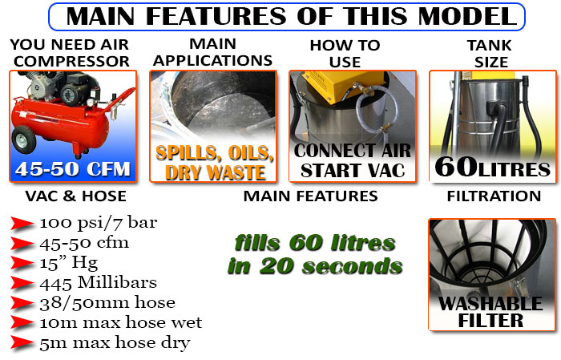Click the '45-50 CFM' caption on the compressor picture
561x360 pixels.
(x=73, y=169)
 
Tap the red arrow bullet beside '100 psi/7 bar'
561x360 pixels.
(x=22, y=224)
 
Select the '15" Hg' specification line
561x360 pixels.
(x=69, y=263)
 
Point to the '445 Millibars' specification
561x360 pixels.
(x=99, y=283)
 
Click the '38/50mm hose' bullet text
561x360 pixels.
(x=107, y=303)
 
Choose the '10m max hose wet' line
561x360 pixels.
(x=121, y=322)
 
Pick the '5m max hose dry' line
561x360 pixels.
(x=115, y=343)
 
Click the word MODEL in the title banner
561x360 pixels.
(x=467, y=17)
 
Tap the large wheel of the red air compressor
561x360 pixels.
(x=24, y=140)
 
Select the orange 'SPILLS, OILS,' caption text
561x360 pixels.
(x=215, y=153)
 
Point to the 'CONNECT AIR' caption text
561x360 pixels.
(x=353, y=151)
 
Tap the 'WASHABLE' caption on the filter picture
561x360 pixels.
(x=490, y=304)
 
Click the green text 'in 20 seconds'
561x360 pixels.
(x=315, y=267)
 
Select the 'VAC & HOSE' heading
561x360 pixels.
(x=76, y=196)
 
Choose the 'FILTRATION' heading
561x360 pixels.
(x=494, y=196)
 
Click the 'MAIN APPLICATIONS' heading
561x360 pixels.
(x=213, y=53)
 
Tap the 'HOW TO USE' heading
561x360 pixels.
(x=345, y=54)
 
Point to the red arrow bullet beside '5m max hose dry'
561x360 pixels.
(x=22, y=343)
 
